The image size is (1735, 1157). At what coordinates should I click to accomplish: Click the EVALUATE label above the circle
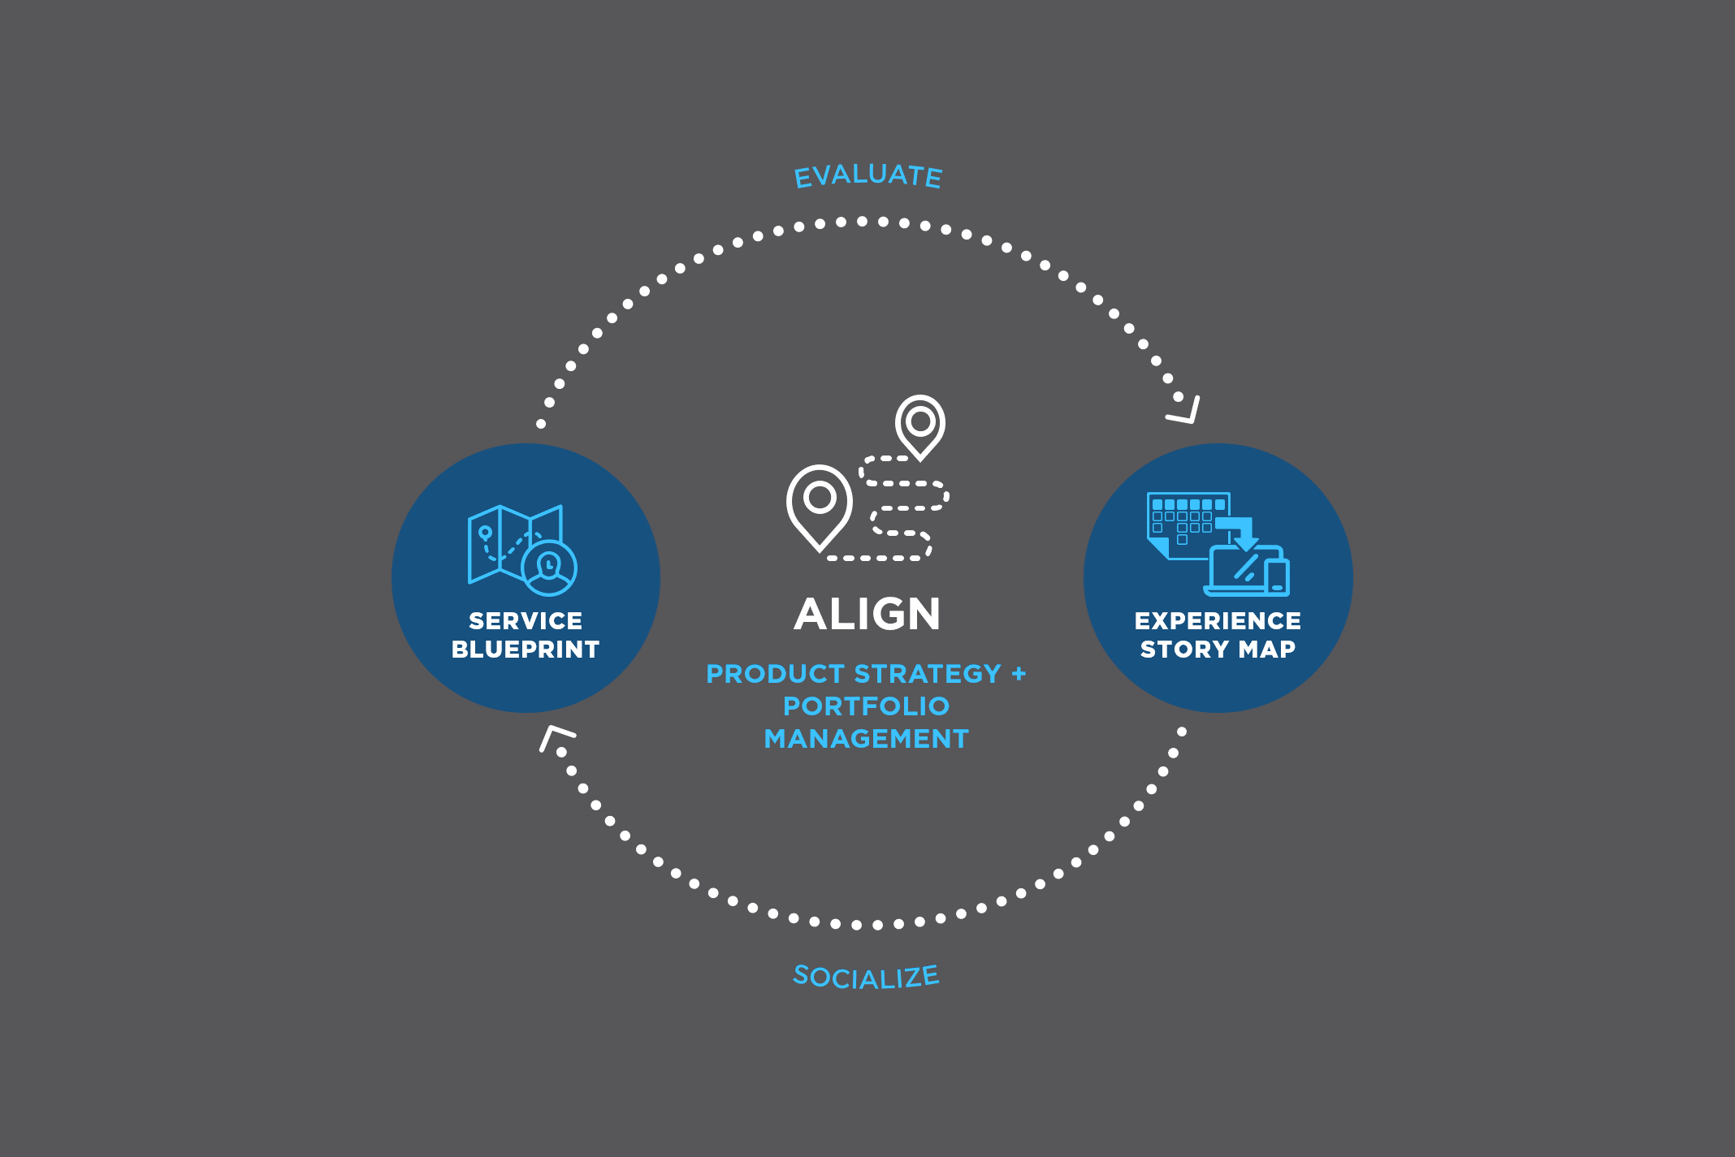click(x=867, y=175)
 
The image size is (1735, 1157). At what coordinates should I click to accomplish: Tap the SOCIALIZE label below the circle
click(x=866, y=977)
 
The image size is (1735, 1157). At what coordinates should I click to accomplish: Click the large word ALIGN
click(x=867, y=615)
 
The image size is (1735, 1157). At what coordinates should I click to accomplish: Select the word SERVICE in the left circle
click(x=526, y=621)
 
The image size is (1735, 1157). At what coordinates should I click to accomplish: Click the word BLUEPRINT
click(x=526, y=650)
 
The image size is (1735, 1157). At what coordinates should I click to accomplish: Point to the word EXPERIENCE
click(x=1218, y=621)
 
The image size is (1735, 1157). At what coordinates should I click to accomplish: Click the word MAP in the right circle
click(x=1267, y=650)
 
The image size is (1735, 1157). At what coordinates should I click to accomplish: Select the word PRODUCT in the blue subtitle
click(x=776, y=674)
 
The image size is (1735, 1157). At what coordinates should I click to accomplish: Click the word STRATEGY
click(x=928, y=674)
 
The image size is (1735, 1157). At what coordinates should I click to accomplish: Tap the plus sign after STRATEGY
click(x=1019, y=673)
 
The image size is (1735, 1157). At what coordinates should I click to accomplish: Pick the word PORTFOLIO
click(x=866, y=706)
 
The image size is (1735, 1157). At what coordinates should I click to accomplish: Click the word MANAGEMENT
click(x=866, y=739)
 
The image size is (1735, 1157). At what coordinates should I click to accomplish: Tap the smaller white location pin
click(x=920, y=423)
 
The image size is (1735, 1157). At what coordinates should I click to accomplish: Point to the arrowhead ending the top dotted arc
click(x=1186, y=410)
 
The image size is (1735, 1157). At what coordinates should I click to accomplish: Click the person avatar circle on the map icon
click(x=550, y=568)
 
